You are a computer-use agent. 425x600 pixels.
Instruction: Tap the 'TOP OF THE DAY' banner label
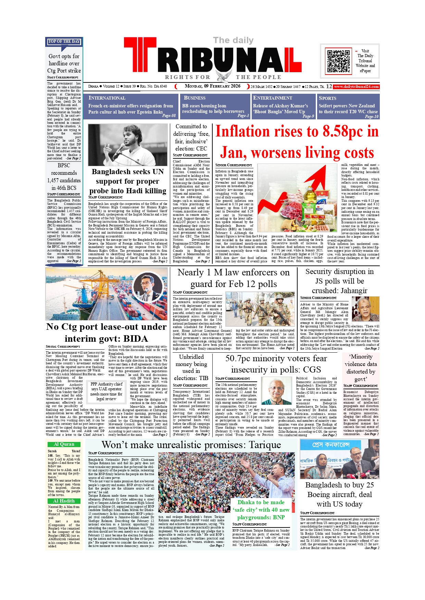coord(64,41)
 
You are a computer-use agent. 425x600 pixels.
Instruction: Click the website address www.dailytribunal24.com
coord(357,87)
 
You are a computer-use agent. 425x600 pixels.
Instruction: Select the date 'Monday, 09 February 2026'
coord(212,86)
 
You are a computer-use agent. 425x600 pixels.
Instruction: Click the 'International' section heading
coord(107,98)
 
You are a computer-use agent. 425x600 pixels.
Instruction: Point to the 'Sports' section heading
coord(327,98)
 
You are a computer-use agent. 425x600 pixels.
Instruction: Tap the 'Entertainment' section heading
coord(272,98)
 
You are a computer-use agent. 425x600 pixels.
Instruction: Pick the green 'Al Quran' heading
coord(64,444)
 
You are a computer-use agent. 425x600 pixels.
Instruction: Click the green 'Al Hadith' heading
coord(64,501)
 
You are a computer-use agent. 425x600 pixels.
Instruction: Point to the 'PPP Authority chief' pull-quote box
coord(106,391)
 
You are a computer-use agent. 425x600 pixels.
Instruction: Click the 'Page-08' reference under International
coord(169,116)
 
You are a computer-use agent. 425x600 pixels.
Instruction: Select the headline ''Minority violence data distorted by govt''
coord(361,368)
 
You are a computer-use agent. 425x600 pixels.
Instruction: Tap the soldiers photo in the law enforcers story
coord(260,309)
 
